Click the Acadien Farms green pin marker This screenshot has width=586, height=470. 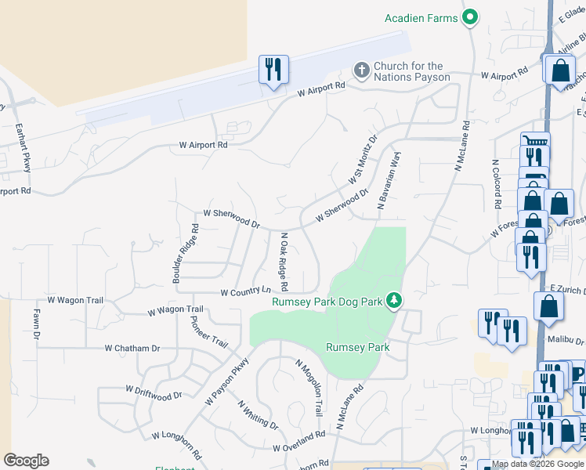470,17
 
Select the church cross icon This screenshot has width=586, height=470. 362,71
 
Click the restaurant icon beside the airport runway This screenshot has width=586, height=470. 273,70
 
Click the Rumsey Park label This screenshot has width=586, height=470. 357,347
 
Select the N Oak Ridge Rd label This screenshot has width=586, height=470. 284,261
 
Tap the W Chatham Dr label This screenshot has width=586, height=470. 132,348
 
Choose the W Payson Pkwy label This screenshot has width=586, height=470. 226,381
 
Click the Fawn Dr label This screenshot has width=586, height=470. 36,324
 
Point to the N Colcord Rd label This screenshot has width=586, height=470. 496,185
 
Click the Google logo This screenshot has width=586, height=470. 26,461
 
